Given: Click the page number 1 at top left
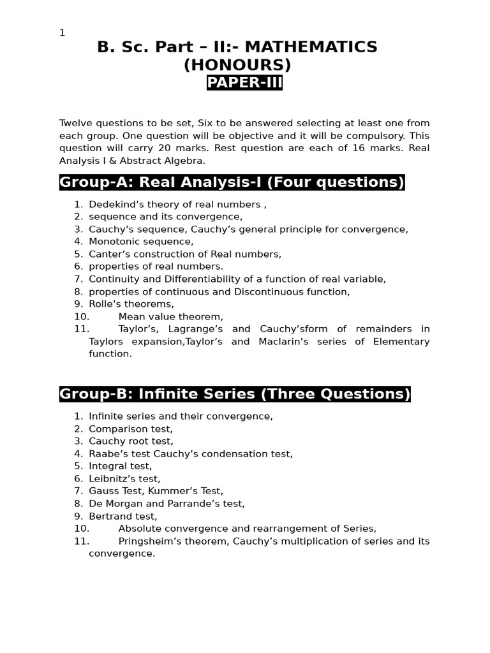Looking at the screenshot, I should [x=62, y=33].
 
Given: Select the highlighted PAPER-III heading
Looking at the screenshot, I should [x=244, y=83].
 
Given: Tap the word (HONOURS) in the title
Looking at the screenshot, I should [x=237, y=65].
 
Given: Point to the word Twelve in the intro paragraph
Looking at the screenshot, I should [x=76, y=123].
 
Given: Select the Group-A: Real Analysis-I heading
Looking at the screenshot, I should [x=232, y=182].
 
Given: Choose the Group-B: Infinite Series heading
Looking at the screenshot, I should [x=235, y=394].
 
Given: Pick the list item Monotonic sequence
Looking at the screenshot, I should [x=141, y=242].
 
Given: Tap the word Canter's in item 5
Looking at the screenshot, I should [x=107, y=254].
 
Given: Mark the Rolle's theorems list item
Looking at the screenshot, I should [x=131, y=304].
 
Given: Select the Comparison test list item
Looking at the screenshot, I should [x=131, y=429].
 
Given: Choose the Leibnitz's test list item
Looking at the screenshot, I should [x=124, y=479].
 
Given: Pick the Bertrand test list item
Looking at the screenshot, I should [x=123, y=517].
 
